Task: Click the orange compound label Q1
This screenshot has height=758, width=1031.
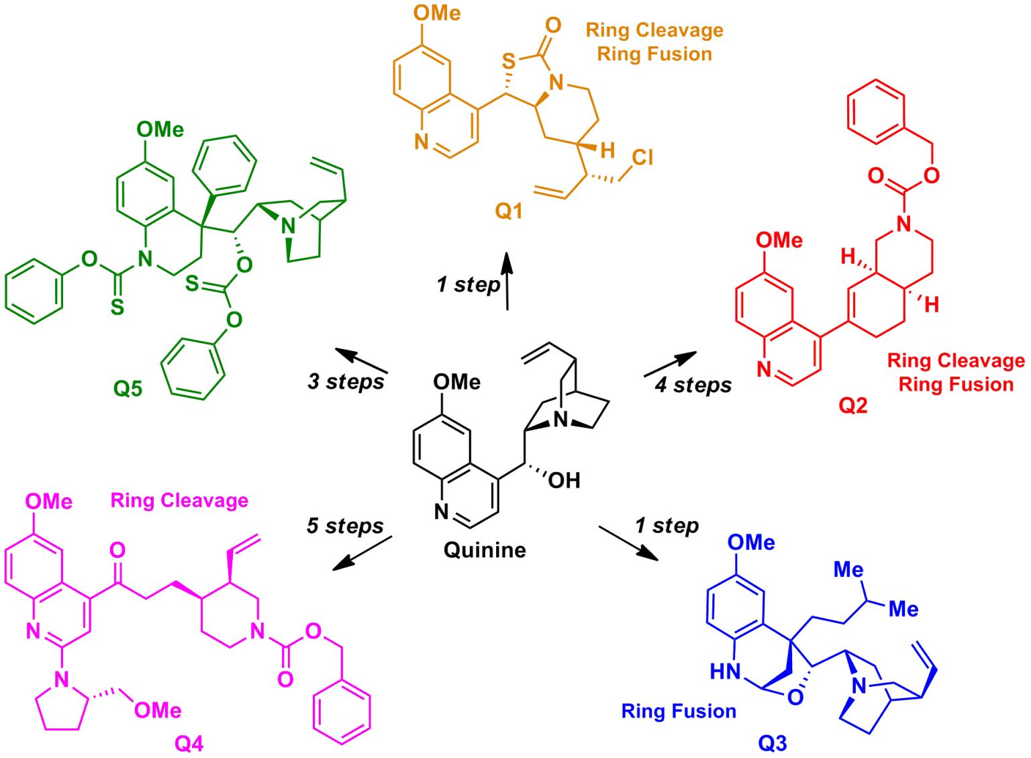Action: (x=509, y=211)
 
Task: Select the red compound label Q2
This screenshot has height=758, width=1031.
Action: (x=852, y=406)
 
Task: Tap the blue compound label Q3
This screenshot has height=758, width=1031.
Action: (x=772, y=743)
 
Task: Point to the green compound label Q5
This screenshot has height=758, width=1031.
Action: (x=128, y=388)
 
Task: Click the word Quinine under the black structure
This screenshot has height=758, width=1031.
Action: (x=485, y=550)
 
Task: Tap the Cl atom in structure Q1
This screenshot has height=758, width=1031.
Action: (x=642, y=158)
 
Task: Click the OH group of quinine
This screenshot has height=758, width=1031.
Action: (x=564, y=481)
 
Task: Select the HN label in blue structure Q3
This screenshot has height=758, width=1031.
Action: (x=725, y=671)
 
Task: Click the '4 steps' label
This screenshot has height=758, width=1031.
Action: (x=693, y=385)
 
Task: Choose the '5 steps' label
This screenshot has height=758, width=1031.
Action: (x=345, y=526)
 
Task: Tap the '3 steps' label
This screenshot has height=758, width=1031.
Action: (x=346, y=381)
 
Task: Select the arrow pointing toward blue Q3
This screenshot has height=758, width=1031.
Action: (x=628, y=543)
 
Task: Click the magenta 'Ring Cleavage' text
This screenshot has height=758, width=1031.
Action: (x=179, y=501)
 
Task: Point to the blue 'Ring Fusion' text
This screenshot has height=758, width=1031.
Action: (x=678, y=711)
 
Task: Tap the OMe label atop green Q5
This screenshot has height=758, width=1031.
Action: (x=160, y=130)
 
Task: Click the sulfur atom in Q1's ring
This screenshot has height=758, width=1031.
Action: (x=509, y=62)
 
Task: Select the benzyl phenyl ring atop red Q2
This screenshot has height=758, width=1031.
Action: (x=876, y=111)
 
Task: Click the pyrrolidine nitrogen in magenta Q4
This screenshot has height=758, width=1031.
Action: (x=62, y=679)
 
